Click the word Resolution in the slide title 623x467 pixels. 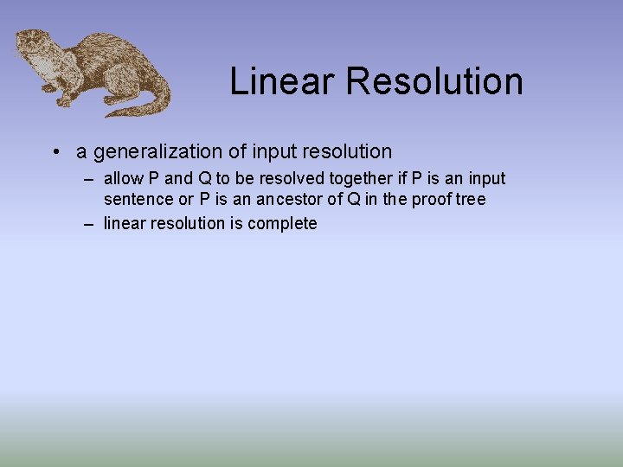click(434, 81)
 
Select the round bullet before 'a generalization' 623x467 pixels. click(55, 152)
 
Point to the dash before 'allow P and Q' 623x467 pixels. click(89, 179)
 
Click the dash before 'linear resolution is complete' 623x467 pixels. click(89, 224)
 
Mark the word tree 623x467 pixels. click(471, 200)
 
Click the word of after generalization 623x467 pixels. click(238, 152)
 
